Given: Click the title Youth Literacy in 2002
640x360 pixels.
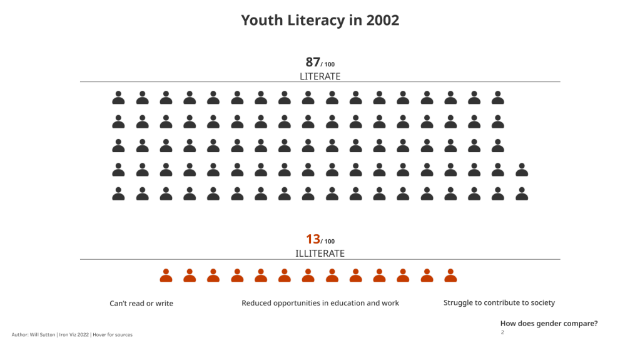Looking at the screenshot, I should (x=320, y=20).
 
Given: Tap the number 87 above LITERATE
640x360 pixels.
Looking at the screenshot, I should (x=313, y=62).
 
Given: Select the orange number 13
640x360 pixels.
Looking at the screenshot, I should (x=313, y=239).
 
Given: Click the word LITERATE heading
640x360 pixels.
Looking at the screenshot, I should (x=320, y=76).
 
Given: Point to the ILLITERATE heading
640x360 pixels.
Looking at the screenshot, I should (x=320, y=254).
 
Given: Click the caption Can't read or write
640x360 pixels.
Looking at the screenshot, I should (x=141, y=304).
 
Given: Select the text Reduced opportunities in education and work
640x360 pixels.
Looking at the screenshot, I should (x=320, y=303).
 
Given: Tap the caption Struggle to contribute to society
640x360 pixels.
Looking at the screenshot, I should (x=499, y=303).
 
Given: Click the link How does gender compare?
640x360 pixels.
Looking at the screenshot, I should (x=549, y=324).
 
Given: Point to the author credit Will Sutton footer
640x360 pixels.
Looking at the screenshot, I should (x=72, y=335).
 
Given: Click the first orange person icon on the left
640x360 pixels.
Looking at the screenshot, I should (x=166, y=275).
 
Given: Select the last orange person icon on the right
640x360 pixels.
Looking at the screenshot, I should (x=450, y=275).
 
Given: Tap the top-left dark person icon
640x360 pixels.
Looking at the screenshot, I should (x=118, y=98).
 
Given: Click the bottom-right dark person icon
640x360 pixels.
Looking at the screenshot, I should (x=522, y=194).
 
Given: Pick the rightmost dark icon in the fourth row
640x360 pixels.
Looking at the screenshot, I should (x=522, y=170).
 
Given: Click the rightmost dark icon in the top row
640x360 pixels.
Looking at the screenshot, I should (x=498, y=98).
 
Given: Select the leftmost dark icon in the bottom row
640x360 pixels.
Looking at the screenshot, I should (x=118, y=194).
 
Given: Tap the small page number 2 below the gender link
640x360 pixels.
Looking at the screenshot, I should (x=502, y=332).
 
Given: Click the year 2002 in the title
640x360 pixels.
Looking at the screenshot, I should (x=383, y=20).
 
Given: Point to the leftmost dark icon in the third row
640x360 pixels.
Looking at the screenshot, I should (x=118, y=146).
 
